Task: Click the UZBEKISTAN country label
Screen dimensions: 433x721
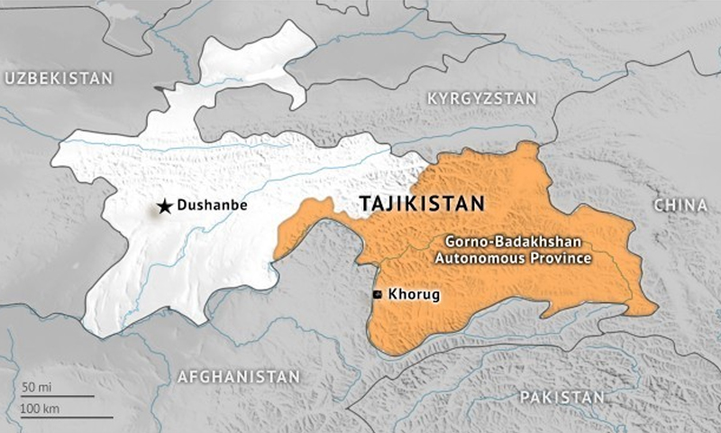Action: click(x=59, y=78)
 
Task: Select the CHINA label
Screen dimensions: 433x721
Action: click(x=680, y=206)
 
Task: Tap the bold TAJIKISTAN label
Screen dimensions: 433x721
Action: click(x=421, y=204)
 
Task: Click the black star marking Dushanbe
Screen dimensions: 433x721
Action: click(x=164, y=207)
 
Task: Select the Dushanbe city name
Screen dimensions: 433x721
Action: click(x=212, y=206)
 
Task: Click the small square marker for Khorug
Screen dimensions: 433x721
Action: click(x=377, y=294)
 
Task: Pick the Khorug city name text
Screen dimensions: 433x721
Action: click(x=410, y=294)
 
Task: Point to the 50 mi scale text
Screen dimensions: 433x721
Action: click(x=36, y=386)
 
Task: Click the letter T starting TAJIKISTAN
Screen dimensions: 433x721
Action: click(x=365, y=204)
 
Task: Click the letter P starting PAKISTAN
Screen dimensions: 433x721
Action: click(x=524, y=397)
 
